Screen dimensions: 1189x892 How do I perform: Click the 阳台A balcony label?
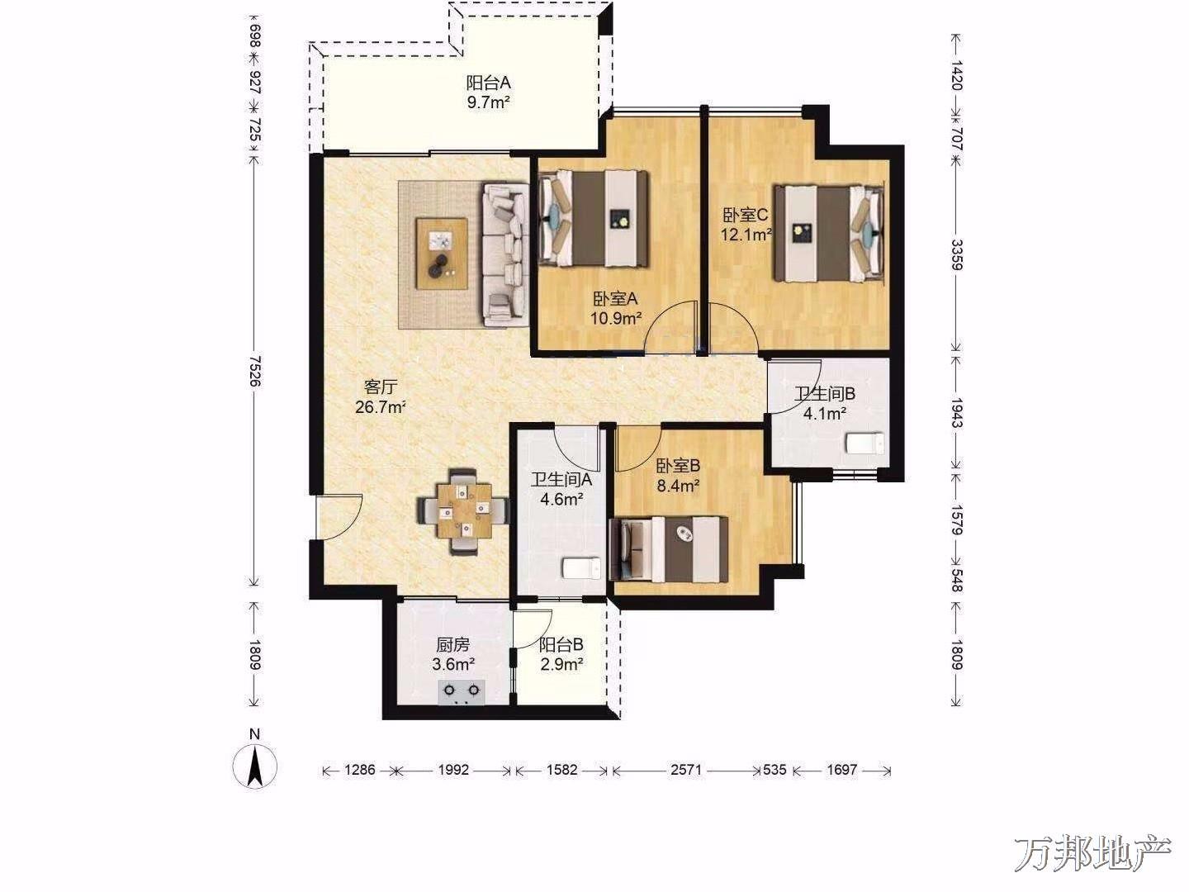click(x=489, y=83)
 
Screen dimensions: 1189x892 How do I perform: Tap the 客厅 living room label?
click(x=381, y=387)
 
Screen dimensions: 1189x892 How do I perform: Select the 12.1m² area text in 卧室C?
click(x=746, y=235)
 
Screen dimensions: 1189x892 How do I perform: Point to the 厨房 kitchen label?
click(x=452, y=644)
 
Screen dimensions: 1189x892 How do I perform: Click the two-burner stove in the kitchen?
click(x=461, y=693)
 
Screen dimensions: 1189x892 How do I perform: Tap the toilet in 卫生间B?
click(x=865, y=444)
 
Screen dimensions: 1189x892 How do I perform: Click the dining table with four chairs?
click(x=464, y=510)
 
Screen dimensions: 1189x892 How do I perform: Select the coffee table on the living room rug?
click(x=442, y=253)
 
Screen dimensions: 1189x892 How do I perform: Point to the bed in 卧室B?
click(x=669, y=548)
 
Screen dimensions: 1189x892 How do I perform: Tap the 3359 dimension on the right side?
click(x=957, y=254)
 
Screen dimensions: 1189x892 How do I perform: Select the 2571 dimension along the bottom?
click(x=686, y=770)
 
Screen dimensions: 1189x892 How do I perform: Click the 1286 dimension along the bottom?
click(x=359, y=770)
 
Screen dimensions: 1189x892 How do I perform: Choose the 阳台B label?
click(x=561, y=644)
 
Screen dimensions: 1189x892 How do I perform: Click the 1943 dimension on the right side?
click(x=957, y=413)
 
